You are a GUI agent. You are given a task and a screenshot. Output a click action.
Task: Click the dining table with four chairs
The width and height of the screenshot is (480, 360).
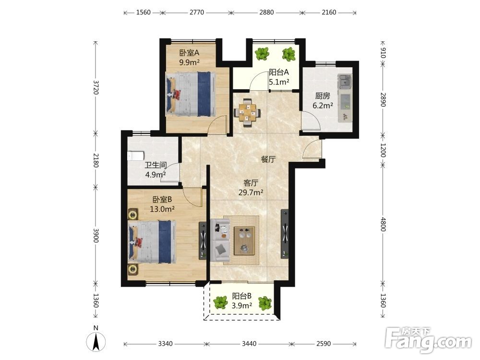pos(247,113)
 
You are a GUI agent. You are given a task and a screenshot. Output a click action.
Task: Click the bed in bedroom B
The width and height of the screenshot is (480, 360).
pos(152,242)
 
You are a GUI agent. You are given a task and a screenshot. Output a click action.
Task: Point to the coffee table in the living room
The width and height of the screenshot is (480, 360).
pos(244,240)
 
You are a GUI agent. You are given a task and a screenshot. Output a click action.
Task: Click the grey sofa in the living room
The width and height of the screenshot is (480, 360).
pos(220,240)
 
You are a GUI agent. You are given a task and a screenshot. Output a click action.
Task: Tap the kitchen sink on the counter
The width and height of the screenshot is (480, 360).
pos(345,82)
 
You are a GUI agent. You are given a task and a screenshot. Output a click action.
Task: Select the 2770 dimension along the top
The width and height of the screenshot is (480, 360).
pos(196,12)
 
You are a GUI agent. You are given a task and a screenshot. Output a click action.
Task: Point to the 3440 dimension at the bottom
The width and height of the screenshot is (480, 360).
pos(249,344)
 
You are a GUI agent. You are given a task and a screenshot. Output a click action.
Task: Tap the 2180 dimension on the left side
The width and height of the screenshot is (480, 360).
pos(96,160)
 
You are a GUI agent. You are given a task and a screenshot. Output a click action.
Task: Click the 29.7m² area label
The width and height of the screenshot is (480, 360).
pos(251,193)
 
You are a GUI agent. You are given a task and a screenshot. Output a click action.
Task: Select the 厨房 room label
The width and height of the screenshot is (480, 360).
pos(323,96)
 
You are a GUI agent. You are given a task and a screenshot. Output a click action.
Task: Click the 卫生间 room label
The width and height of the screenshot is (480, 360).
pos(156,166)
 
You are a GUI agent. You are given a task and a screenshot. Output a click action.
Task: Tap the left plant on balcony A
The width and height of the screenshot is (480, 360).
pos(263,54)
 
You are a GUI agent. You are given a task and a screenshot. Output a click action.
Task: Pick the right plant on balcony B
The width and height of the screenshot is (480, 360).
pos(264,303)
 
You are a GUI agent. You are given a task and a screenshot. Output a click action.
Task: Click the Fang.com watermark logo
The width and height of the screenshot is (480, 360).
pos(428,340)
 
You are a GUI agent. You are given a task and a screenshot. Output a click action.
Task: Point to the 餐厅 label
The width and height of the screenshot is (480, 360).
pos(268,159)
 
